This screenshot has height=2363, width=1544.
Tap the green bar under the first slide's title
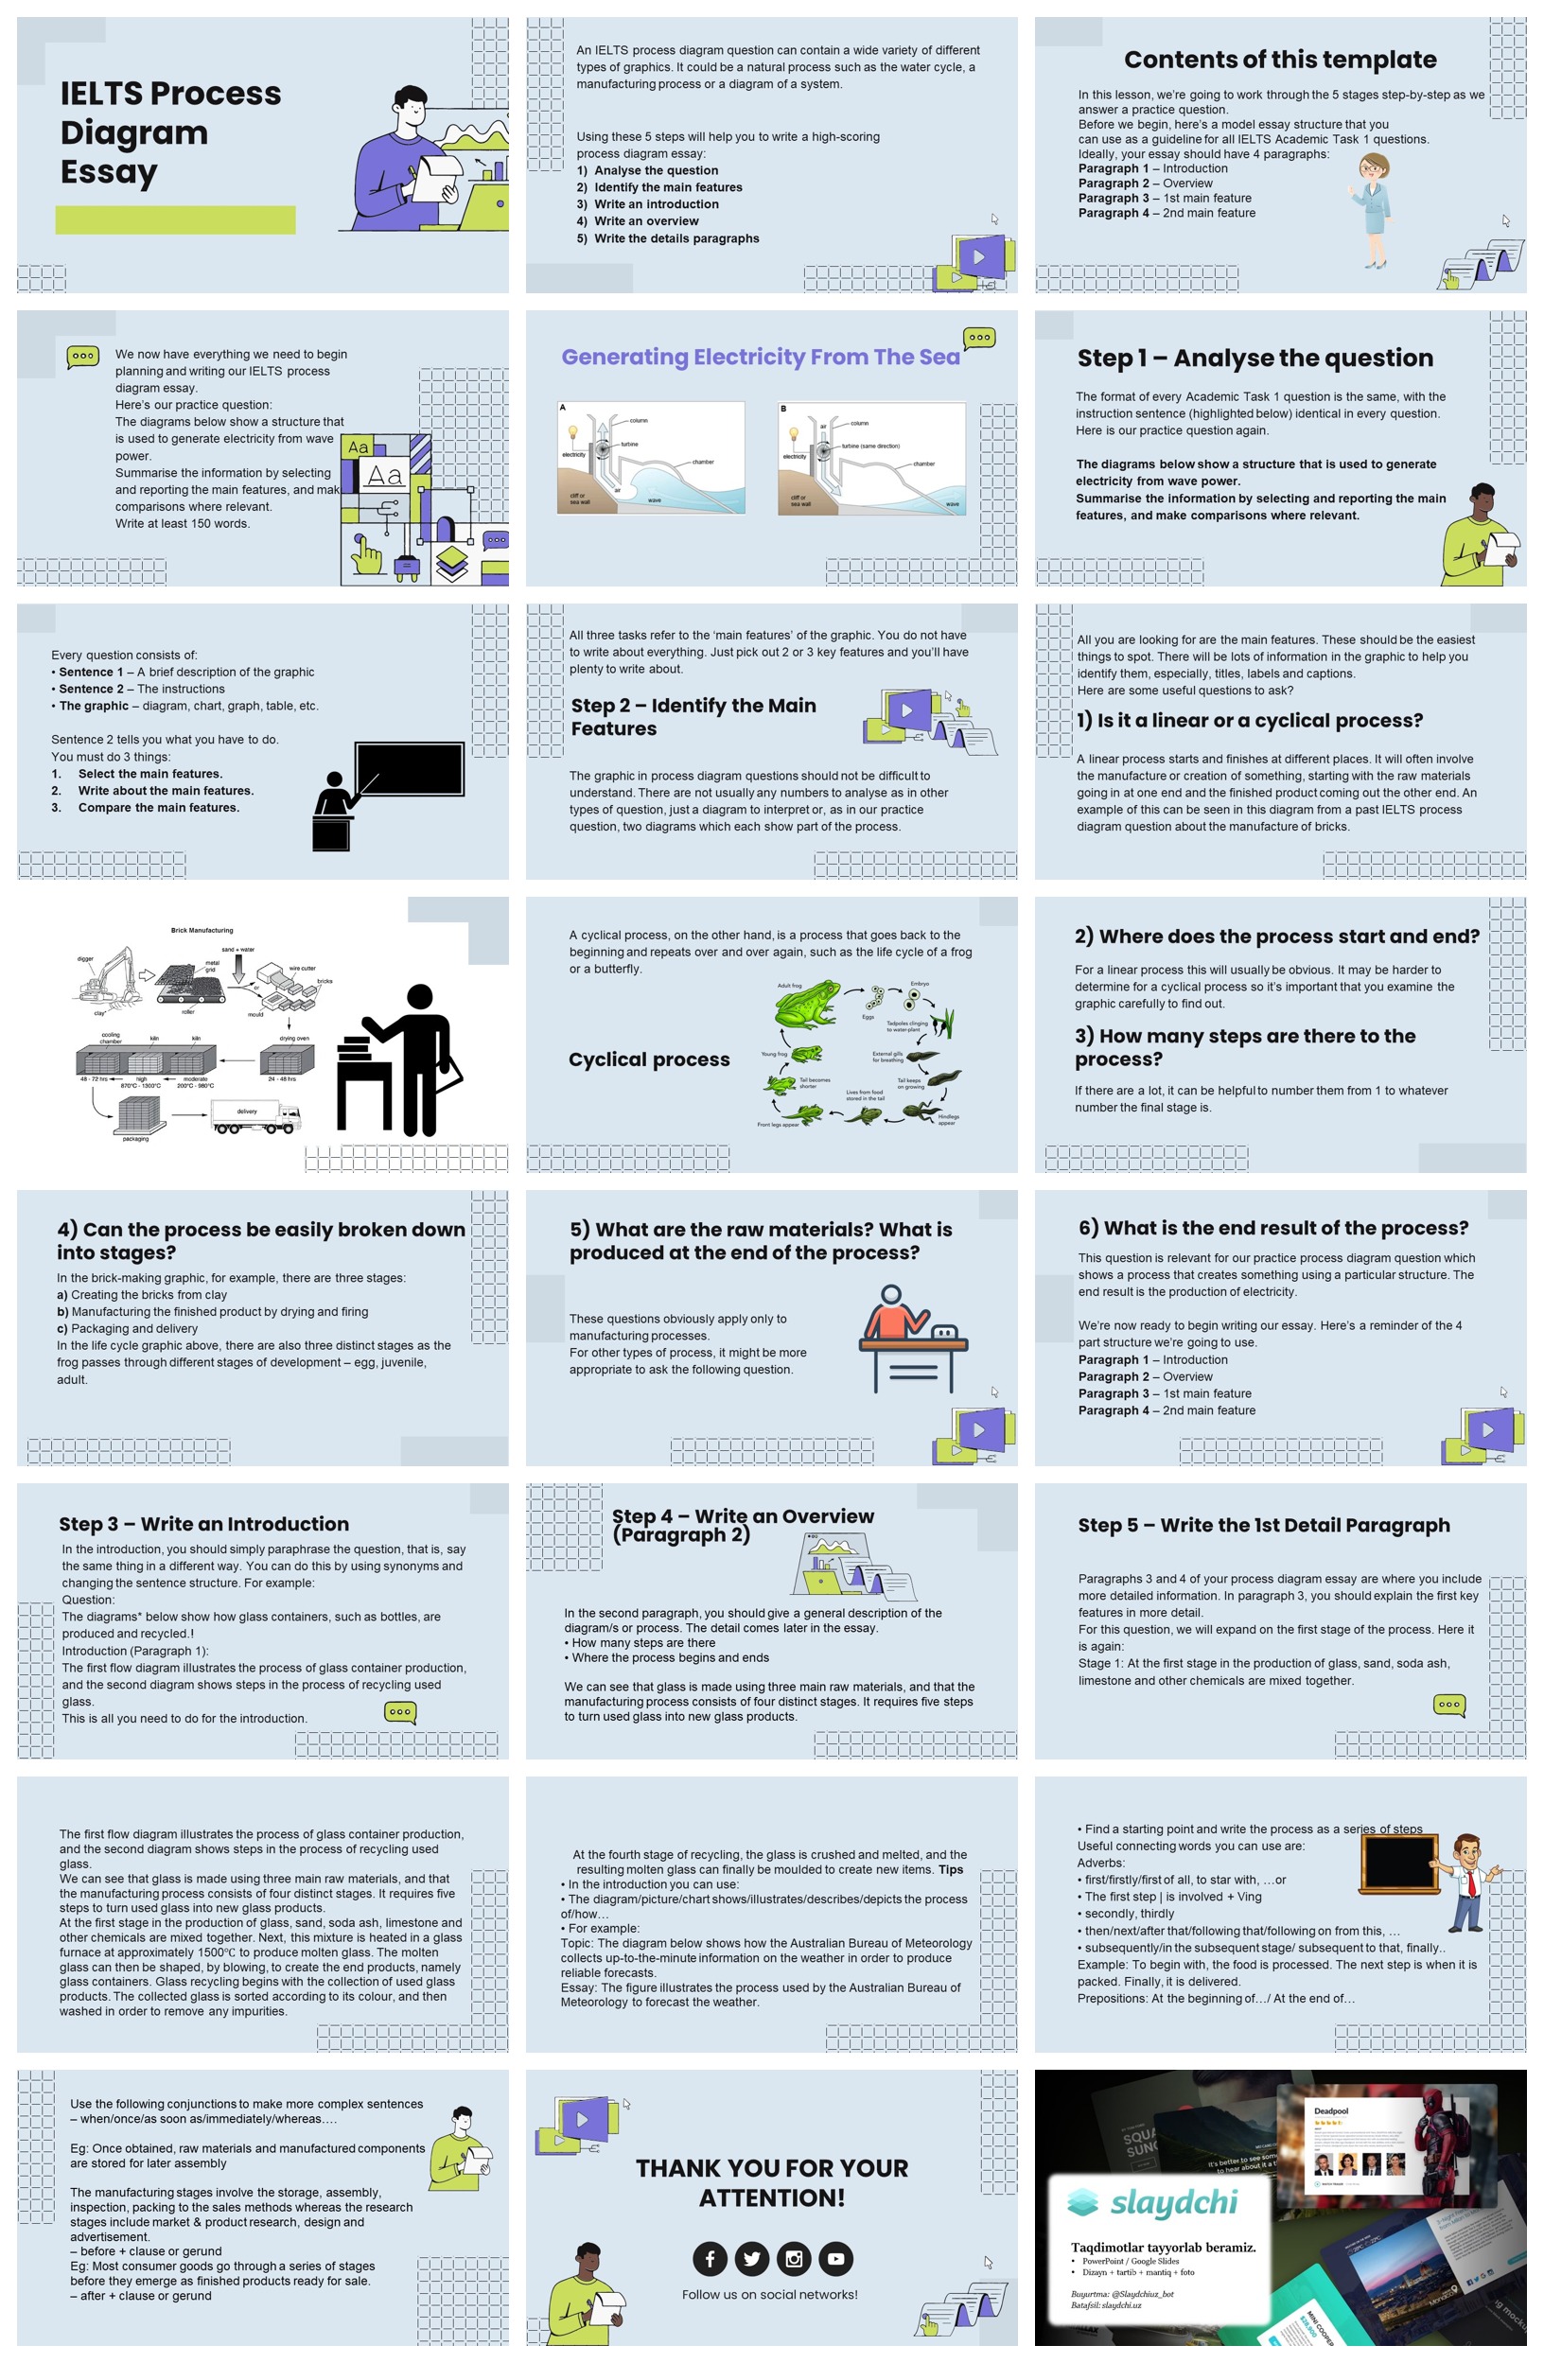(x=175, y=219)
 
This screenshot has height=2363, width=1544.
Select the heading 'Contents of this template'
(x=1279, y=60)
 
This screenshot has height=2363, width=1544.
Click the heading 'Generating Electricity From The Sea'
(x=760, y=358)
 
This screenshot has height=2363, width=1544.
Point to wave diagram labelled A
(x=650, y=457)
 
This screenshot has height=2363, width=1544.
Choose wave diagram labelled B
(x=870, y=457)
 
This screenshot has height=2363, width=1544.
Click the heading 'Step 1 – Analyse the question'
(x=1254, y=358)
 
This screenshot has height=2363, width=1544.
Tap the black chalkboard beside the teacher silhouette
(x=409, y=767)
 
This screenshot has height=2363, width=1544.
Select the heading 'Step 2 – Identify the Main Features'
(x=693, y=716)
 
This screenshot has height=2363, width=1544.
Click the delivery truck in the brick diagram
(x=255, y=1117)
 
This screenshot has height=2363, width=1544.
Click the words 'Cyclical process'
(x=648, y=1059)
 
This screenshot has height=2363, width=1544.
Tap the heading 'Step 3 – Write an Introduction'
(x=203, y=1523)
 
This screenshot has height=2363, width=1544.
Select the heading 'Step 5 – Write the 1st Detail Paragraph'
(x=1263, y=1524)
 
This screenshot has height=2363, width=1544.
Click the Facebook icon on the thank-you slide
(x=710, y=2259)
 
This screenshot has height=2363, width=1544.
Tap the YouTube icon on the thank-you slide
(x=835, y=2259)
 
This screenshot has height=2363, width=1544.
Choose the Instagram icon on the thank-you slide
(x=794, y=2259)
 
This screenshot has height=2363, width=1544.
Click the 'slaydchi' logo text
(x=1172, y=2201)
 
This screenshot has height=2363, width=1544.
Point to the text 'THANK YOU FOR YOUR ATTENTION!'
(x=771, y=2182)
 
